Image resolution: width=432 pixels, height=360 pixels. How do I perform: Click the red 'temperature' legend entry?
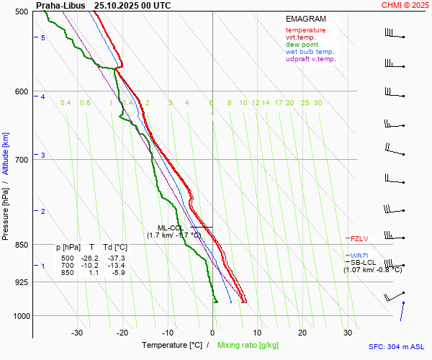[x=305, y=30]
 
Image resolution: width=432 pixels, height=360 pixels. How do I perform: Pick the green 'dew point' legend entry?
[x=302, y=45]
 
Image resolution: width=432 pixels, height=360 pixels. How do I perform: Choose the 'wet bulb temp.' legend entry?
[x=310, y=52]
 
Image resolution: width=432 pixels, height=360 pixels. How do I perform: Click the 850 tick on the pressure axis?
[x=20, y=245]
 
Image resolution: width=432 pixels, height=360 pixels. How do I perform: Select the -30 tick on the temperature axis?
[x=77, y=333]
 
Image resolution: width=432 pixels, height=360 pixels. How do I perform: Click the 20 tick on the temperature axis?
[x=302, y=333]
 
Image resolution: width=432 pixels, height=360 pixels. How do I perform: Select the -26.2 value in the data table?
[x=89, y=258]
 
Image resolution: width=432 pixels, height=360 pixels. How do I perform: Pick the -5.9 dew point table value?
[x=117, y=273]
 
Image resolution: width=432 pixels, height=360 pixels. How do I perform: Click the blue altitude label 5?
[x=43, y=37]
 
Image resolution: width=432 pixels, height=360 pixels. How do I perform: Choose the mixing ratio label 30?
[x=318, y=103]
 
